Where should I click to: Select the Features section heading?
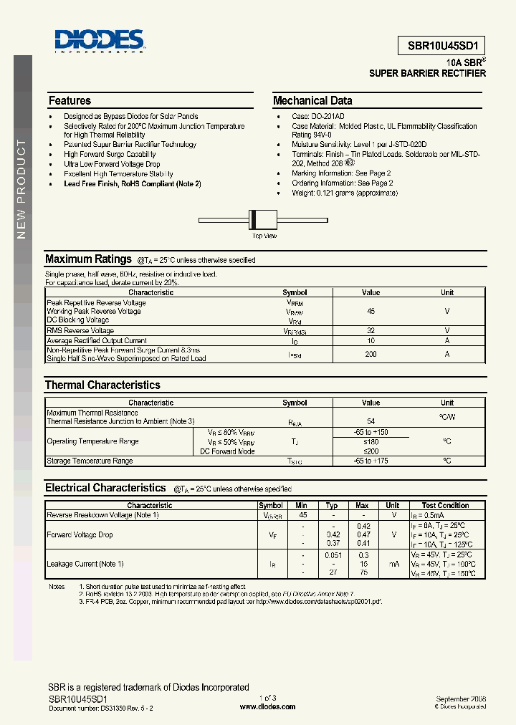pos(70,101)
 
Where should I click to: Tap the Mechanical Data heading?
pos(312,101)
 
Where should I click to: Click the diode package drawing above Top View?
pos(255,220)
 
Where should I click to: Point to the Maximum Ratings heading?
pos(88,259)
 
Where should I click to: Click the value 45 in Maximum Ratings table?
pos(371,312)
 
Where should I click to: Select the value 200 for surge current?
pos(371,354)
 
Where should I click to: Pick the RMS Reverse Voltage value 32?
pos(371,331)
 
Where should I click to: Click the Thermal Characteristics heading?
pos(102,385)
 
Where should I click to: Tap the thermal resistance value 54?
pos(371,421)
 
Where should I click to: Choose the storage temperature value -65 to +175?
pos(371,461)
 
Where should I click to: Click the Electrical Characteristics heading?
pos(105,488)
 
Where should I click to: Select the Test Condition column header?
pos(445,506)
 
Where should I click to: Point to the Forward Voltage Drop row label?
pos(80,535)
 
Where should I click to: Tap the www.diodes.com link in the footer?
pos(267,706)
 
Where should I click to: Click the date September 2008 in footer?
pos(461,698)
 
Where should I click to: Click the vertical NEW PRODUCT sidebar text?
pos(21,189)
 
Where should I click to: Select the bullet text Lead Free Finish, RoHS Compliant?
pos(133,183)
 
